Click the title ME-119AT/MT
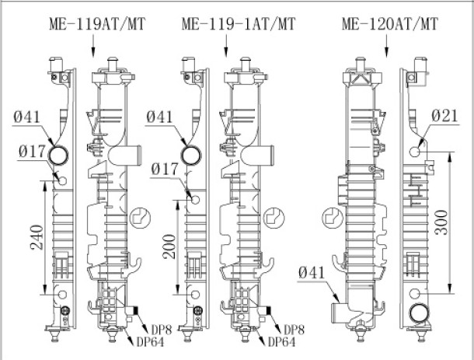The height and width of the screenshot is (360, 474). [97, 24]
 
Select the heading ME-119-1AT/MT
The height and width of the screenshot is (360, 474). [239, 24]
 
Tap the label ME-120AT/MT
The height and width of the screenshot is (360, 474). [390, 24]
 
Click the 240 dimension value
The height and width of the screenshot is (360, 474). [37, 237]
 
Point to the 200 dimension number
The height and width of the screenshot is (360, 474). [169, 246]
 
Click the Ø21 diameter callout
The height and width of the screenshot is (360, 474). [444, 116]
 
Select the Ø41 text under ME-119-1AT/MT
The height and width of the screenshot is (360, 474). [159, 117]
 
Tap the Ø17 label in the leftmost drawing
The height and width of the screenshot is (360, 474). [32, 152]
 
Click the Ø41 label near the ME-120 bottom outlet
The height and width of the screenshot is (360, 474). [312, 273]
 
